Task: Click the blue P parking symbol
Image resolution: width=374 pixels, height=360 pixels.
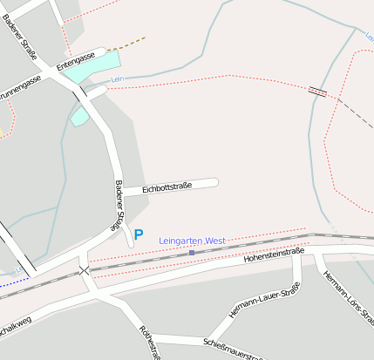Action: pos(139,234)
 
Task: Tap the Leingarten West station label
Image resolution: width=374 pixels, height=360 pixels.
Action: pos(193,241)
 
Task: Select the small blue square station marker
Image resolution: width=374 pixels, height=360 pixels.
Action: pos(192,252)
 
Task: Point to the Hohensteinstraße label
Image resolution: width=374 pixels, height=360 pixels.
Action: pos(274,255)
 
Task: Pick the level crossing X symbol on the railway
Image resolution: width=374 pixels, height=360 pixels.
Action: pos(85,271)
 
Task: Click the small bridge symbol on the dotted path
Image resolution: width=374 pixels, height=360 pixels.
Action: pos(318,91)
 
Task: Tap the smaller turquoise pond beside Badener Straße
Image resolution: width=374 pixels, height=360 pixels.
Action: pos(80,116)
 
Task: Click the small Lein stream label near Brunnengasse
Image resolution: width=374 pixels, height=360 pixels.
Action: pos(118,80)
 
